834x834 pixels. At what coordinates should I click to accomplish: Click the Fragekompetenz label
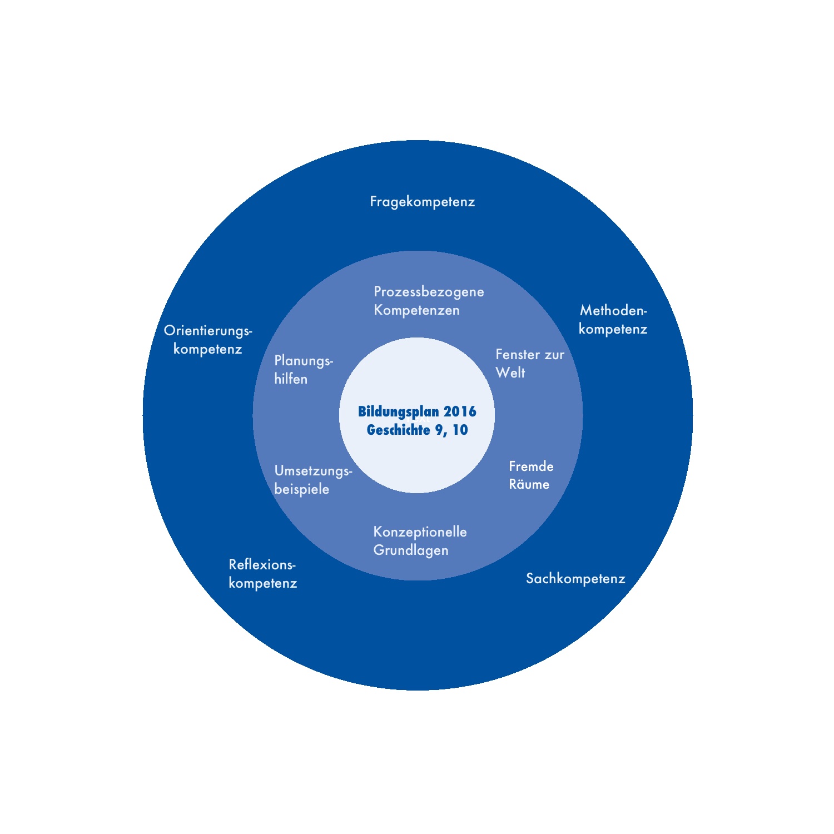(x=423, y=201)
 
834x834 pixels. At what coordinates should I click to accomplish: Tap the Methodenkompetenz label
(x=613, y=320)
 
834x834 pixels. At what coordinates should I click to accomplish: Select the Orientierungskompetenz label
(x=208, y=340)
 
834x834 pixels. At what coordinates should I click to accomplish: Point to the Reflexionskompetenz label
(x=262, y=574)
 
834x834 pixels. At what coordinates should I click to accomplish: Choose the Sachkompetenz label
(x=575, y=579)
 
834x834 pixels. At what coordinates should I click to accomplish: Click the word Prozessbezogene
(x=429, y=292)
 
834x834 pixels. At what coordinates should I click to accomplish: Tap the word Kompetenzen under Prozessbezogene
(x=416, y=310)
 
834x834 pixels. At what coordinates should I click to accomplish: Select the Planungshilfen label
(x=303, y=370)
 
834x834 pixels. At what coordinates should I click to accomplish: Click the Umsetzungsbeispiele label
(x=313, y=480)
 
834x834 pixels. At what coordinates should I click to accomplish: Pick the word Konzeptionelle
(x=420, y=532)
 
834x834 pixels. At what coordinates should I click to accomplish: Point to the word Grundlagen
(x=411, y=550)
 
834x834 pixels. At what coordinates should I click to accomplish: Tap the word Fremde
(x=531, y=466)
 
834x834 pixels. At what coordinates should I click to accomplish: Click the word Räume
(x=529, y=484)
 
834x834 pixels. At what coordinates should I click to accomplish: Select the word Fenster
(x=518, y=355)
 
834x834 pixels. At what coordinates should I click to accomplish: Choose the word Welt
(x=510, y=373)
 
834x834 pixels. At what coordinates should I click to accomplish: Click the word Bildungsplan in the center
(x=398, y=412)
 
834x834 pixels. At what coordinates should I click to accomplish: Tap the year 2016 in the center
(x=460, y=412)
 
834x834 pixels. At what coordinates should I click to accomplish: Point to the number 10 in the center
(x=460, y=430)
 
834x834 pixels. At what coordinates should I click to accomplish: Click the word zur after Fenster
(x=554, y=355)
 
